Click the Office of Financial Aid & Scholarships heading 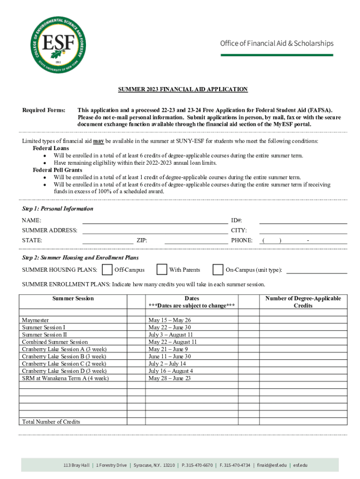277,44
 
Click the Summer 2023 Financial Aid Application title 182,89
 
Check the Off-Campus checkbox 107,270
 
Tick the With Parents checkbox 162,270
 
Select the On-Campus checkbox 217,270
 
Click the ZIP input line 196,241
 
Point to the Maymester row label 36,320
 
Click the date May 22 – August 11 173,342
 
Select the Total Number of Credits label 51,422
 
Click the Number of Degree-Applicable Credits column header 303,302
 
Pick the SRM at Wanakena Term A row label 65,378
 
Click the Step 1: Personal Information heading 58,209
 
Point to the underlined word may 98,141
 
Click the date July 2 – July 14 167,363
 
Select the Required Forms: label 44,110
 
